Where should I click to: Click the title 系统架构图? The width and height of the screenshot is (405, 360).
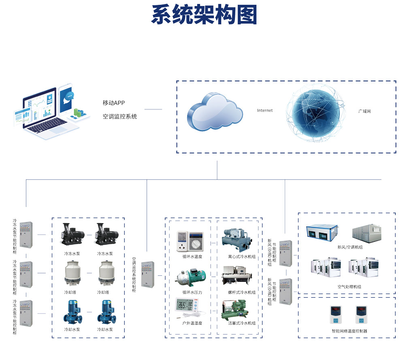tap(204, 15)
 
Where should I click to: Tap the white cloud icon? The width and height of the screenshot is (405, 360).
tap(215, 111)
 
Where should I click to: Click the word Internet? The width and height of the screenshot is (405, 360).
tap(265, 110)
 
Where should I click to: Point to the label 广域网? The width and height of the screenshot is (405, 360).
tap(364, 111)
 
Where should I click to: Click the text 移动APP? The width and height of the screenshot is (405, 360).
tap(113, 103)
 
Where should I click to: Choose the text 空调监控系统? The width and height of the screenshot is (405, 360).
tap(120, 117)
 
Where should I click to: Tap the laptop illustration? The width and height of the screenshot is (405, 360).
tap(47, 115)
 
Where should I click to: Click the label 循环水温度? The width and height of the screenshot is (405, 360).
tap(192, 257)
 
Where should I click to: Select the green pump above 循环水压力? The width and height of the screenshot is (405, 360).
tap(190, 278)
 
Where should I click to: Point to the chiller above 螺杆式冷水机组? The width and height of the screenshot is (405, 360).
tap(238, 277)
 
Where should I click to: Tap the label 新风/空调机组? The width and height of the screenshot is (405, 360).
tap(350, 248)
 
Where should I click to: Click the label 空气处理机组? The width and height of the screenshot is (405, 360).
tap(350, 287)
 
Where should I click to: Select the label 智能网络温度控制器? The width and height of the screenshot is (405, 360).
tap(350, 331)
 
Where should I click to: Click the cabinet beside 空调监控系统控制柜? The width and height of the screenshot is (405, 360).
tap(148, 275)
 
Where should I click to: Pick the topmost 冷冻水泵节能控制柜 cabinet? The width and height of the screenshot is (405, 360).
tap(26, 234)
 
